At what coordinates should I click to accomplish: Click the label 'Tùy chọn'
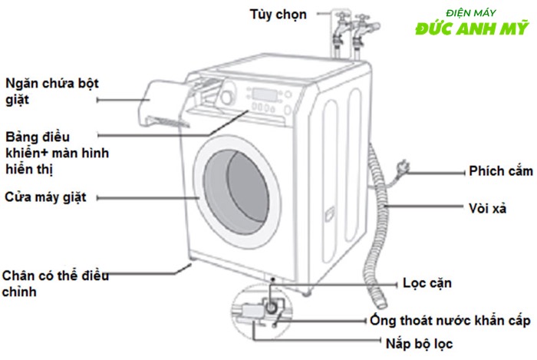[x=278, y=15]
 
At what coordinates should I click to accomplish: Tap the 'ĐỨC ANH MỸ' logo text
[x=472, y=29]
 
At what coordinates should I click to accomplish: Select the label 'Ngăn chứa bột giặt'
[x=52, y=91]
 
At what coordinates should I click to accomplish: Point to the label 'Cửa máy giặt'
[x=44, y=197]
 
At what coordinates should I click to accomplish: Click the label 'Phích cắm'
[x=499, y=171]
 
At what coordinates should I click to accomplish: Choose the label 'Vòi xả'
[x=487, y=208]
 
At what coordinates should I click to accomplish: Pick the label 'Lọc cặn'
[x=427, y=283]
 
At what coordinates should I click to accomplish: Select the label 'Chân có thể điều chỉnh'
[x=55, y=283]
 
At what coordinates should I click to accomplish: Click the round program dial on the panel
[x=226, y=97]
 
